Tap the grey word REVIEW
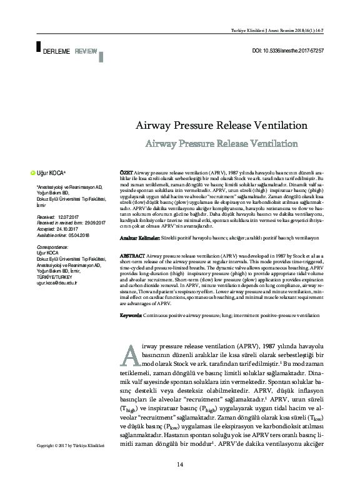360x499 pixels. tap(86, 49)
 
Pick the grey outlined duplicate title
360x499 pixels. tap(221, 144)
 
